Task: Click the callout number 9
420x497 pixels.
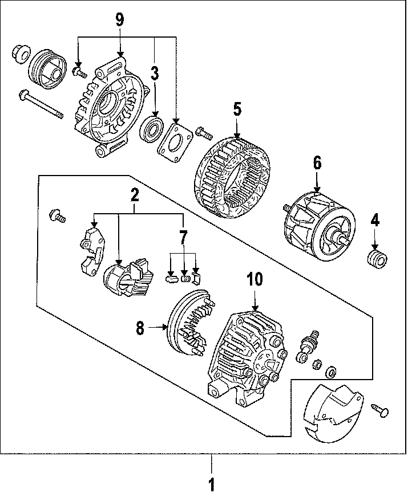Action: [119, 19]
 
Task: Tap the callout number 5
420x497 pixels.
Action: [238, 109]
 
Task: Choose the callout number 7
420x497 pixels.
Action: [183, 235]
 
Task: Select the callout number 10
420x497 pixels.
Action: [255, 279]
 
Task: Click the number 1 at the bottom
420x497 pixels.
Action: [211, 484]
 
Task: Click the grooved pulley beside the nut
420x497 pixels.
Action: [48, 68]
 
